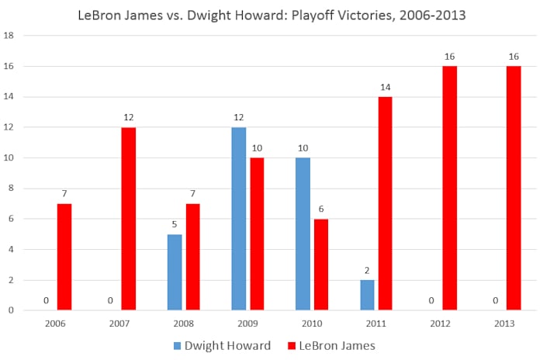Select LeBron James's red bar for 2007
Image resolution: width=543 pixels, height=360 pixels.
[x=128, y=219]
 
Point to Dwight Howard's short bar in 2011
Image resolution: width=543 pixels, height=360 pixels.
[x=367, y=295]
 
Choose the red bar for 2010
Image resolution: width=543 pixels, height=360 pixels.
[x=321, y=265]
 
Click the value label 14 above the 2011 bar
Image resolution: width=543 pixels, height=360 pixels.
[x=386, y=87]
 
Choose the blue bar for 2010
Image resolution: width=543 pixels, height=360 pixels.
[x=303, y=234]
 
